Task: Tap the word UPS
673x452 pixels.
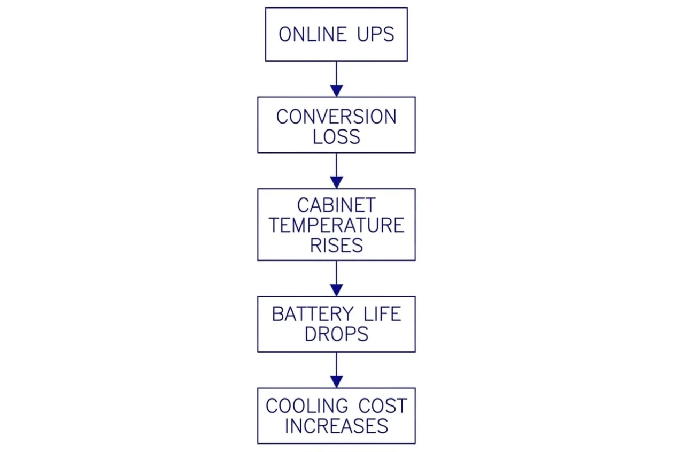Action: click(x=376, y=34)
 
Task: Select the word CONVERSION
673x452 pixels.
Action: click(x=336, y=117)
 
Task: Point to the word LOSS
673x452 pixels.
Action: click(x=337, y=136)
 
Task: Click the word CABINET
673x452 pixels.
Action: click(x=337, y=205)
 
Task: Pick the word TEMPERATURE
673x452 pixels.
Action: click(x=337, y=225)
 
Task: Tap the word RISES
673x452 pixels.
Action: click(x=337, y=246)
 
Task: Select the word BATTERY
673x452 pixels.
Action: click(x=313, y=314)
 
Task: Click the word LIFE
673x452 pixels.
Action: click(x=382, y=314)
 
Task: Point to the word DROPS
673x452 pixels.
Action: click(x=337, y=334)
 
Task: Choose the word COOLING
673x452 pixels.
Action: click(x=307, y=405)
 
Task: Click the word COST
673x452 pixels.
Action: click(x=382, y=405)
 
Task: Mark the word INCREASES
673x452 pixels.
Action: click(x=337, y=426)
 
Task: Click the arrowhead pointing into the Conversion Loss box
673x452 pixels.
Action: click(x=337, y=91)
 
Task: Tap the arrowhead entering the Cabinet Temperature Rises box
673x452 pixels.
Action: click(x=337, y=182)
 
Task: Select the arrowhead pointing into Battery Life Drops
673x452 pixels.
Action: click(x=337, y=290)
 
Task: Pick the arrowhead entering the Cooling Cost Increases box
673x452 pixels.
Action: click(x=337, y=382)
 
